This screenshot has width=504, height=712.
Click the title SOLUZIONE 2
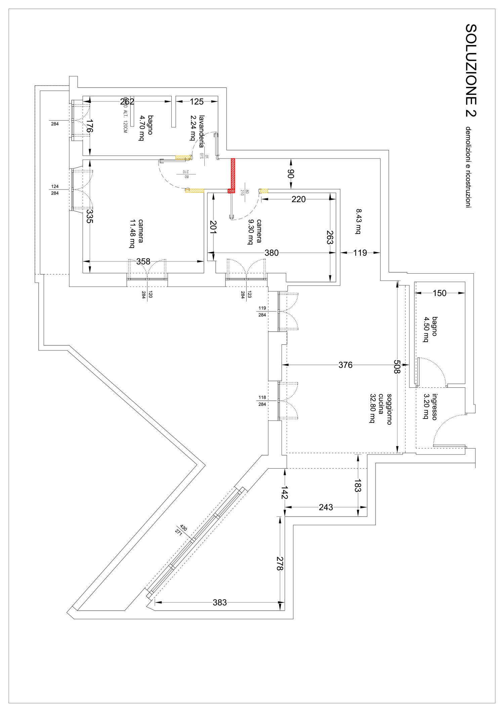[471, 70]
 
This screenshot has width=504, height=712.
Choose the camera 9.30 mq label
[254, 231]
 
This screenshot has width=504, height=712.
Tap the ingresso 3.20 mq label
[430, 407]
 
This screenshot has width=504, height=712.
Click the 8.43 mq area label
[359, 221]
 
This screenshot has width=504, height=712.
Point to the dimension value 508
[397, 367]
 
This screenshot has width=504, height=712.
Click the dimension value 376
[345, 365]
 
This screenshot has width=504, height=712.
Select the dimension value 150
[439, 293]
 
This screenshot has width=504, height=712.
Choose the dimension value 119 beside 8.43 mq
[360, 253]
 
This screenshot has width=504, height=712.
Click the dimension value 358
[143, 261]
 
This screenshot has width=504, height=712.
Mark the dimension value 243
[326, 507]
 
